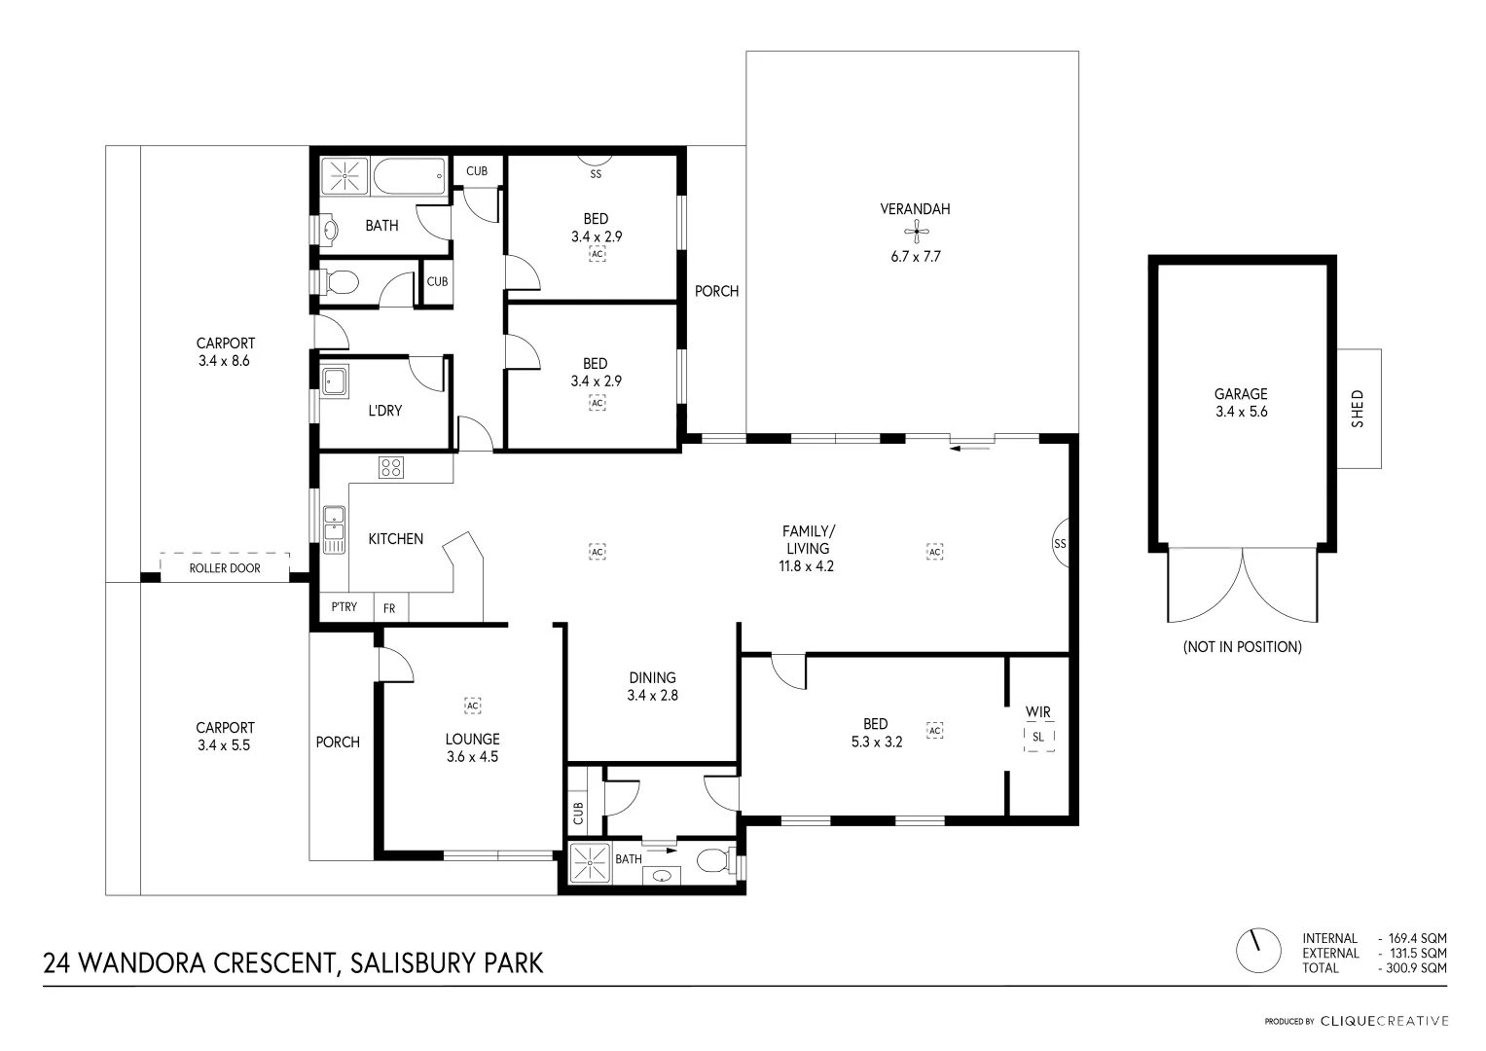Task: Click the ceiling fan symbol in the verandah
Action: click(x=915, y=231)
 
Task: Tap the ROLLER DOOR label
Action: click(x=225, y=568)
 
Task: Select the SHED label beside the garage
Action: click(x=1359, y=409)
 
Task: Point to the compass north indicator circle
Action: click(x=1256, y=951)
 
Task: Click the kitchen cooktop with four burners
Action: click(x=391, y=467)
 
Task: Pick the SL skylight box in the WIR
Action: click(x=1038, y=737)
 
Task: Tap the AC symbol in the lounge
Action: click(x=473, y=705)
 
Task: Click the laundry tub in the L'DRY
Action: click(x=336, y=381)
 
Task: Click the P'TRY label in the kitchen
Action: click(x=344, y=607)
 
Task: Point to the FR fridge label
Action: click(x=389, y=608)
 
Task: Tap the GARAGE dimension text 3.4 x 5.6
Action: click(x=1241, y=412)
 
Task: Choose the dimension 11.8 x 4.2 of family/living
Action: click(x=807, y=565)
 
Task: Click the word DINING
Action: click(x=652, y=678)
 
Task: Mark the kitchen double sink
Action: click(x=334, y=529)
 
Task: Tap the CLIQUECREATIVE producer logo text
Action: click(x=1384, y=1021)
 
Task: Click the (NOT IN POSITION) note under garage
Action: click(x=1242, y=647)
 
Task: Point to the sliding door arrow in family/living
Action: click(x=971, y=449)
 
